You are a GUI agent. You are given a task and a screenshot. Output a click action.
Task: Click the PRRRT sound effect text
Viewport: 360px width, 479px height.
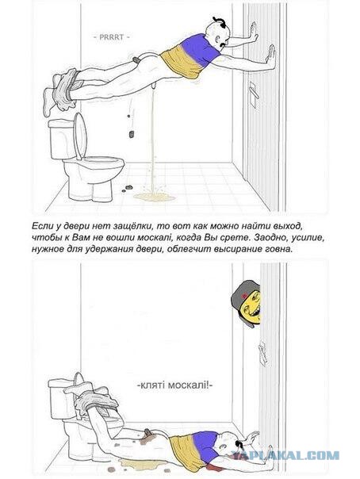111,37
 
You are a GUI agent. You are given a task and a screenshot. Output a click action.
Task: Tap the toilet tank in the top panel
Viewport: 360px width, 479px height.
62,139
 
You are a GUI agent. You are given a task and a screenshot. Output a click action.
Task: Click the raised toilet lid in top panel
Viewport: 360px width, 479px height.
80,136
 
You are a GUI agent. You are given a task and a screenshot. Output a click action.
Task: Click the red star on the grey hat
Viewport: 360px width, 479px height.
244,296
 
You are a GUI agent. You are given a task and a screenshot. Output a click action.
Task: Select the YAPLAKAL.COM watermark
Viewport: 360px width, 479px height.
285,455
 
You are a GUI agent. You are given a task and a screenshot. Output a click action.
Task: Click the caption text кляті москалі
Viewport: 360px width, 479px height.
174,385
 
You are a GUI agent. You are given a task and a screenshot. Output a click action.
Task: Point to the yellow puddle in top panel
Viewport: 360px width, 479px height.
154,197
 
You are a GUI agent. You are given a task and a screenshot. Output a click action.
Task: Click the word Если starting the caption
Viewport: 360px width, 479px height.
41,227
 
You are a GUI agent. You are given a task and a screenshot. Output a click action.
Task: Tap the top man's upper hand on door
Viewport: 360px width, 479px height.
253,32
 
